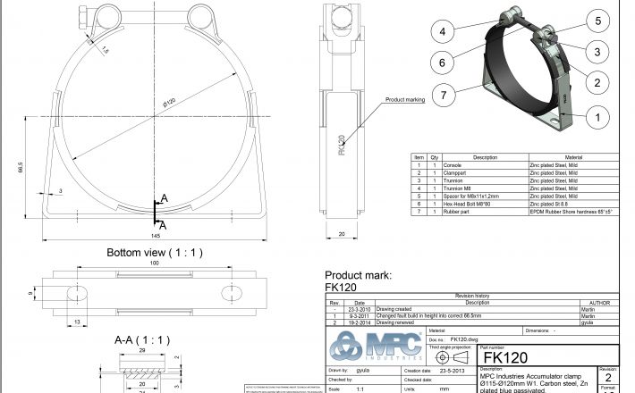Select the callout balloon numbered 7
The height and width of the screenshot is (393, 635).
pyautogui.click(x=441, y=93)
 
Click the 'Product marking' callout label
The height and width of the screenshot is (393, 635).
pyautogui.click(x=404, y=100)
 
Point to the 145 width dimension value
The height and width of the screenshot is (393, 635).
pyautogui.click(x=157, y=236)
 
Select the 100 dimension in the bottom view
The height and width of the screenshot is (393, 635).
pyautogui.click(x=155, y=264)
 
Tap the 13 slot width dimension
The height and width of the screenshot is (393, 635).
pyautogui.click(x=77, y=322)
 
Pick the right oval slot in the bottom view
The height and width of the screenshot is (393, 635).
pyautogui.click(x=232, y=294)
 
